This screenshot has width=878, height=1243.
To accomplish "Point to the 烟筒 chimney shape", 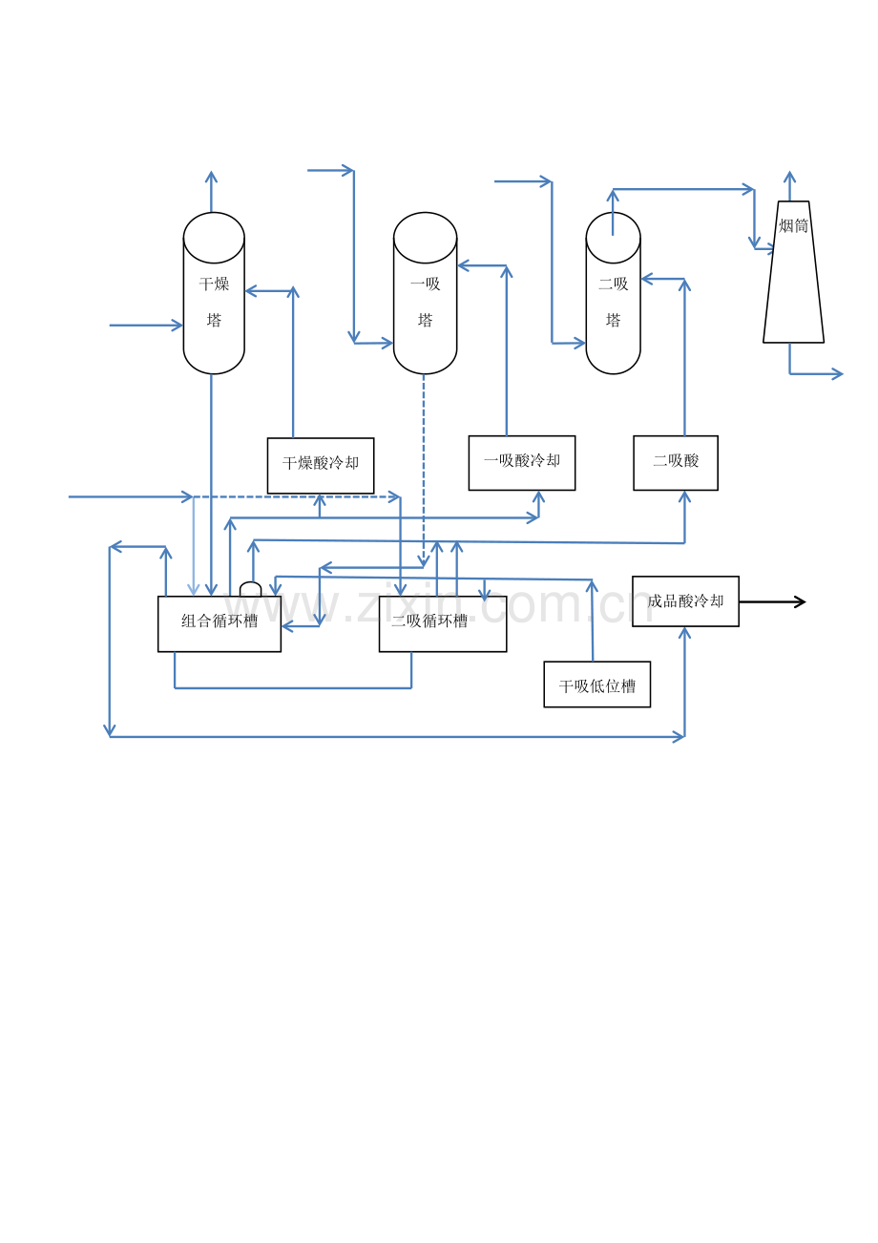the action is click(793, 272).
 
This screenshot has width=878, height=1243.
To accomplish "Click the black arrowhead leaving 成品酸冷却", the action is click(800, 601).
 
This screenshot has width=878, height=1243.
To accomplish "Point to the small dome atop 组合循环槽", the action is click(250, 583).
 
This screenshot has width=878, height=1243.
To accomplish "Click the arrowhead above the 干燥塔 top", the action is click(211, 177).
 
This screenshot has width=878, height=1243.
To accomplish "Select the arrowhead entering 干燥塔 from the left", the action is click(177, 326).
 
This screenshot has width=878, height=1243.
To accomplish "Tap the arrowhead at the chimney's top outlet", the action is click(790, 177).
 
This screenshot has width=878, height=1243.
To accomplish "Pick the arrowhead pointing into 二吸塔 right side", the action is click(648, 279).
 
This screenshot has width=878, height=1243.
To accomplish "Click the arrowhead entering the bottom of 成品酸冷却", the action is click(685, 633).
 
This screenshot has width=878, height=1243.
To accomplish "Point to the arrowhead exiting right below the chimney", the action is click(837, 374).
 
